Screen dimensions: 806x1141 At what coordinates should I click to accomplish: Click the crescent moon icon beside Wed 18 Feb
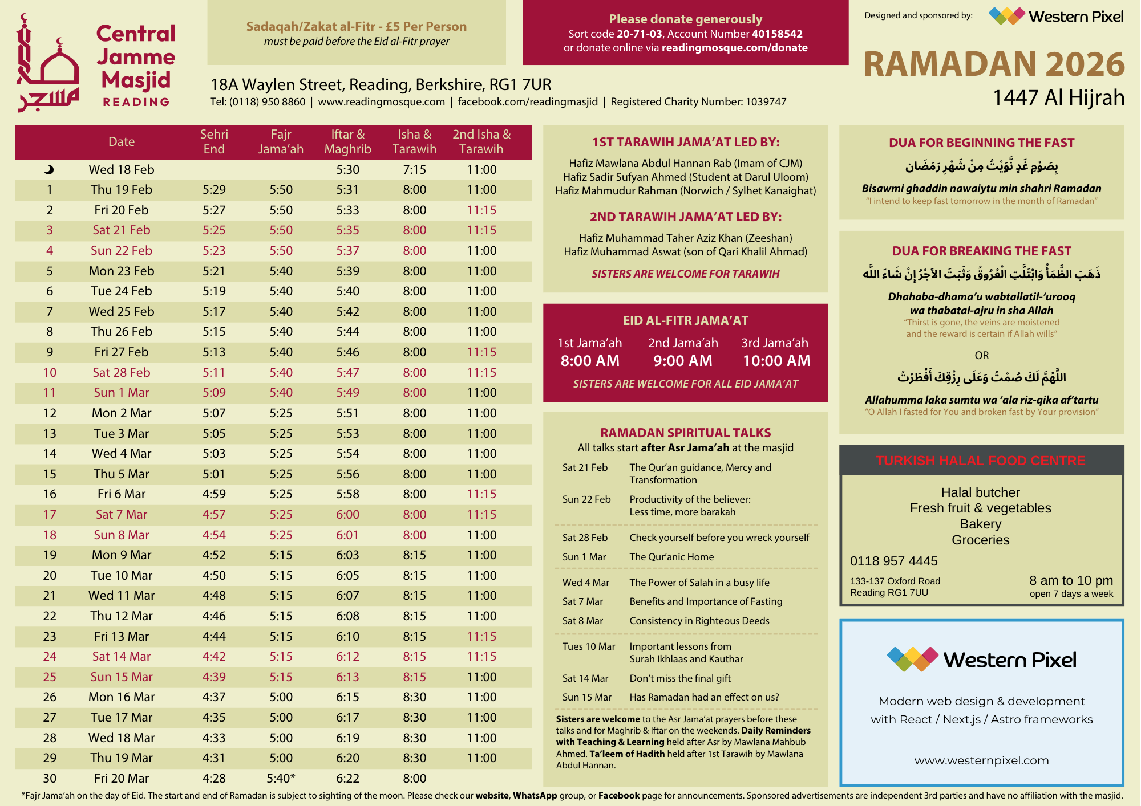(x=49, y=169)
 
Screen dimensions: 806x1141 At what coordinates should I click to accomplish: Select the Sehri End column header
(x=214, y=141)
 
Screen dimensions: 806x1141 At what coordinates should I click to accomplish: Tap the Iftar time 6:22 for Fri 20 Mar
(x=347, y=778)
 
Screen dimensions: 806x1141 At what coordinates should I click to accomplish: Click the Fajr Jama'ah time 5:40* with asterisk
(x=281, y=778)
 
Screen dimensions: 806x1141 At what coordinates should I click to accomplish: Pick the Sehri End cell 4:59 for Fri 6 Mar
(x=214, y=494)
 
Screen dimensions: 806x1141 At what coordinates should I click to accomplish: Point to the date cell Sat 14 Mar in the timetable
(x=122, y=656)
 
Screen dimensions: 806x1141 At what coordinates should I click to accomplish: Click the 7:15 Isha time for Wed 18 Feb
(x=414, y=169)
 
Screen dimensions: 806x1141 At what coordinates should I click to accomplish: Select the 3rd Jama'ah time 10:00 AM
(x=776, y=361)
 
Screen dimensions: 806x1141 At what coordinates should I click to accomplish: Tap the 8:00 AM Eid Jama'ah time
(x=590, y=361)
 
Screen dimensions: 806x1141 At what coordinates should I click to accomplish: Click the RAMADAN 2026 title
(x=994, y=64)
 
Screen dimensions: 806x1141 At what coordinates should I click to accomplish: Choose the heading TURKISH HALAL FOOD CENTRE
(x=981, y=461)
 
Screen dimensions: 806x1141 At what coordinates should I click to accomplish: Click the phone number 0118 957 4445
(x=893, y=561)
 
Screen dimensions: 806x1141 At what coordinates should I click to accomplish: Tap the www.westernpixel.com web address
(x=981, y=760)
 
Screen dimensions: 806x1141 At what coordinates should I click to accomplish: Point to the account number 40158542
(x=777, y=34)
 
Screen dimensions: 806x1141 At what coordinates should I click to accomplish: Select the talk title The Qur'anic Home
(x=671, y=557)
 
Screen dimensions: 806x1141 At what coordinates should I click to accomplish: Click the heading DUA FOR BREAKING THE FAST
(x=981, y=251)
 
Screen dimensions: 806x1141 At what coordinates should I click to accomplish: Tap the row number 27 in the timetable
(x=50, y=717)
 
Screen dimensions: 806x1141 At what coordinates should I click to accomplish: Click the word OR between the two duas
(x=981, y=355)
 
